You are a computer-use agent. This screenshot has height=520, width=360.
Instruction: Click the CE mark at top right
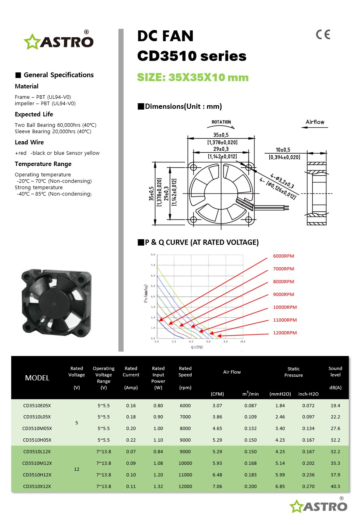click(323, 35)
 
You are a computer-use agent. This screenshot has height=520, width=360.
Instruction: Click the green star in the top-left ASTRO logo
click(31, 42)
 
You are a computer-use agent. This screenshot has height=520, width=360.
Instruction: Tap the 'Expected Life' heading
click(34, 114)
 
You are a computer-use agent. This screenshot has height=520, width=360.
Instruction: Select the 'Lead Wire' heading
click(29, 142)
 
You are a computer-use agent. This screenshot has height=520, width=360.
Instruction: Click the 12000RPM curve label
click(285, 333)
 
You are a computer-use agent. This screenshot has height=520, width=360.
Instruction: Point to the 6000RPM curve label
click(284, 256)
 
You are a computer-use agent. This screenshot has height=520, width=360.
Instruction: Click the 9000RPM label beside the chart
click(284, 294)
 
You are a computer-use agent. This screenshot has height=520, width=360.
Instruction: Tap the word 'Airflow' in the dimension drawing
click(315, 122)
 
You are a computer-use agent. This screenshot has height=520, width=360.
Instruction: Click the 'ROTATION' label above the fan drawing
click(221, 122)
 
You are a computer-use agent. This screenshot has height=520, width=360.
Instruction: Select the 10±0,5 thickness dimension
click(283, 150)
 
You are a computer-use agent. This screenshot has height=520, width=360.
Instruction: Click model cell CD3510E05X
click(37, 406)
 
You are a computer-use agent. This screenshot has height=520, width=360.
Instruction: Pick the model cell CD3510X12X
click(37, 487)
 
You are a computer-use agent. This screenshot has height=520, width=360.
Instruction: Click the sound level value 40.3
click(335, 487)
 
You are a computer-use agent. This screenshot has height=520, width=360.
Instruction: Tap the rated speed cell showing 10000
click(185, 464)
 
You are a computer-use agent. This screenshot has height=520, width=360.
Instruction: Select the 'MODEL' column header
click(37, 378)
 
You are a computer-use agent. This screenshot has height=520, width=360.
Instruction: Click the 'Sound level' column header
click(335, 372)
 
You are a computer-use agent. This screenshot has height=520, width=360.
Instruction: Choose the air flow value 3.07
click(217, 406)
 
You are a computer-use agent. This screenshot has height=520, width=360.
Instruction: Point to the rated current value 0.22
click(131, 440)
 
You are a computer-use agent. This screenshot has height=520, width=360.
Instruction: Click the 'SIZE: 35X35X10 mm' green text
click(193, 78)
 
